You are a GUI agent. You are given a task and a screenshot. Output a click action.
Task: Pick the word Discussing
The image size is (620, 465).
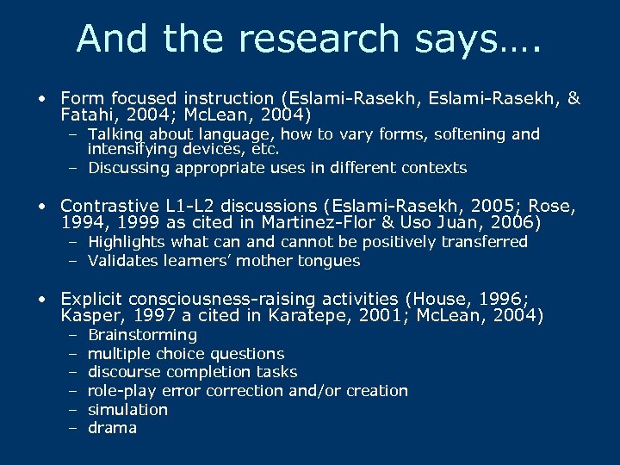[x=128, y=168]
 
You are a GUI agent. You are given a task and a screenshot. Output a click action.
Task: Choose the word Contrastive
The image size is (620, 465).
[x=108, y=207]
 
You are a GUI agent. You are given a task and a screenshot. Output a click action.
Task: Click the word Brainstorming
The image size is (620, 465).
[x=142, y=335]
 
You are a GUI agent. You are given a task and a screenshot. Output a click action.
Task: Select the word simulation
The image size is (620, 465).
[x=127, y=410]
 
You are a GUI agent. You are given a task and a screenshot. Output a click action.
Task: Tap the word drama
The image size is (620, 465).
[x=112, y=428]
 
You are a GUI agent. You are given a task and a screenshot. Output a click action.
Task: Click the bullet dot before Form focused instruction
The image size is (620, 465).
[x=42, y=99]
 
